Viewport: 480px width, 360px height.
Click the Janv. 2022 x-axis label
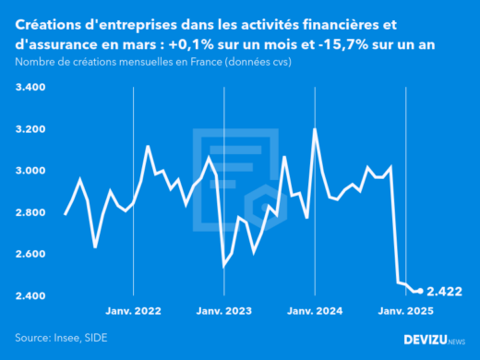[135, 313]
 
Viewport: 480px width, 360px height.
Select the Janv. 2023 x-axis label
[225, 313]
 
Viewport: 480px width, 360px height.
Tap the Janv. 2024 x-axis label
[316, 313]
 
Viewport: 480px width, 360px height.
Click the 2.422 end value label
[445, 292]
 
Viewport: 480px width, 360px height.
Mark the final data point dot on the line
[421, 292]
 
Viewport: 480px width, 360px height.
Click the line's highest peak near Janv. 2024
[316, 130]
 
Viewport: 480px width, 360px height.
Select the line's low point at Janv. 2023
[224, 266]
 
